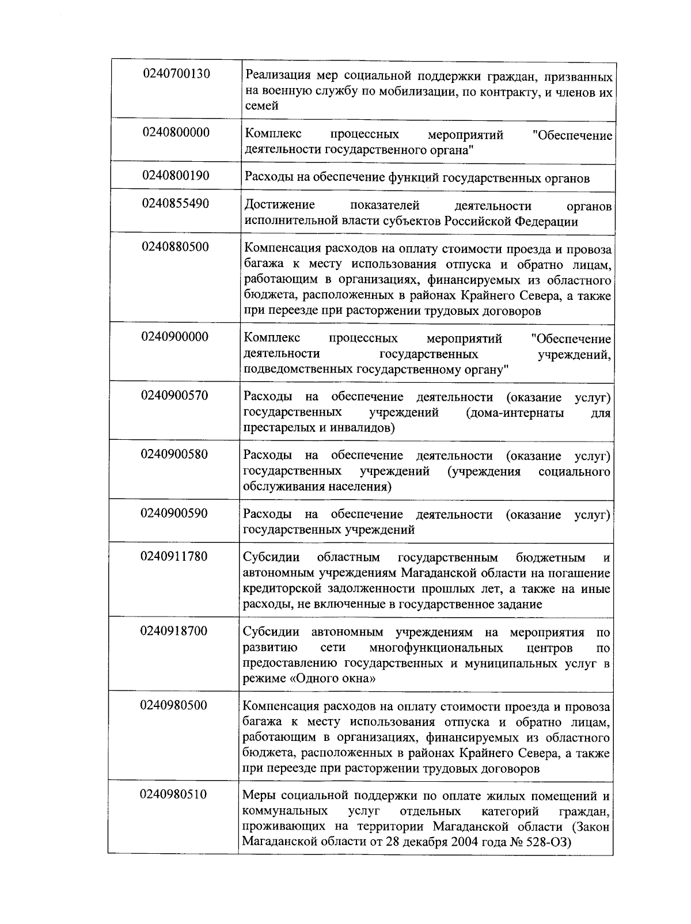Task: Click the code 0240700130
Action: (x=176, y=74)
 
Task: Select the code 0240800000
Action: (x=176, y=132)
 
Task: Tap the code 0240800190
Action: (x=176, y=176)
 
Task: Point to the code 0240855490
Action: (x=176, y=204)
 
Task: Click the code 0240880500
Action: (x=176, y=247)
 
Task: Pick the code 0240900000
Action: (x=175, y=337)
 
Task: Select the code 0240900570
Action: (x=175, y=396)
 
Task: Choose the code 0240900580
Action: (x=175, y=454)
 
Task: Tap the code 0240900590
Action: (x=175, y=513)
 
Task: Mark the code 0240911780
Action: (x=174, y=557)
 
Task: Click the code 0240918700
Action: (x=174, y=631)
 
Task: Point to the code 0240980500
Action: (x=174, y=705)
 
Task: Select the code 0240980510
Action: (x=174, y=794)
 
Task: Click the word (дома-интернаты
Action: (x=515, y=413)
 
